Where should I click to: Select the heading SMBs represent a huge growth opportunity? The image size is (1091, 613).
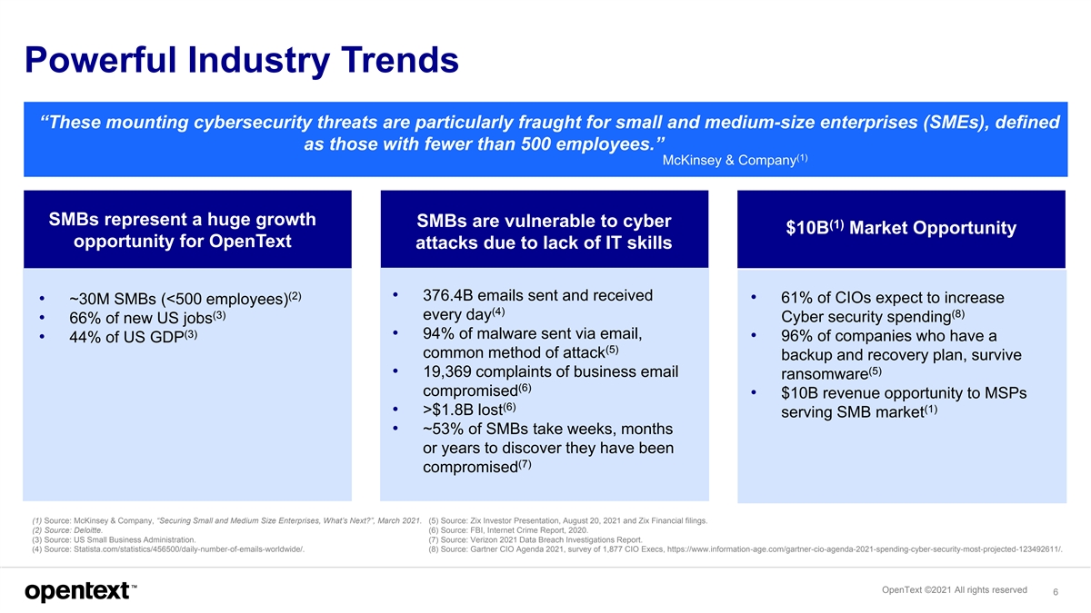click(182, 230)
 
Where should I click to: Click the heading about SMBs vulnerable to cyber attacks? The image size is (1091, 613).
click(544, 232)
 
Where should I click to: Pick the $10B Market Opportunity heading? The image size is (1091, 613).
click(901, 228)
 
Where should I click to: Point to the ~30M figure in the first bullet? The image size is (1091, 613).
click(87, 300)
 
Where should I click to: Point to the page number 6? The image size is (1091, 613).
click(1054, 591)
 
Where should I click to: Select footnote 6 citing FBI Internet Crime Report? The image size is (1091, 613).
click(508, 530)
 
